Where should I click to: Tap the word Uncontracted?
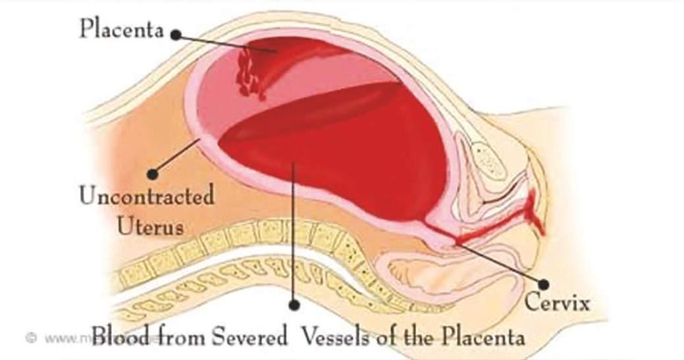(146, 197)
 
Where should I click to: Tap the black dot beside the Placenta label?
(176, 35)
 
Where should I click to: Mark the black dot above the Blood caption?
(294, 305)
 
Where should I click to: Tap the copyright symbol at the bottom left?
(30, 338)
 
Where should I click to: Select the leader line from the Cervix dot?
(500, 263)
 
